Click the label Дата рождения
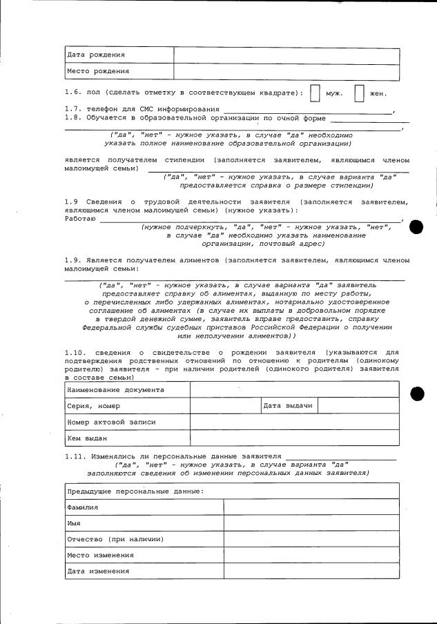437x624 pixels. pos(96,55)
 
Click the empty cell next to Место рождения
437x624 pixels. pos(286,71)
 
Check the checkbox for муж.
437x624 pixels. pos(315,93)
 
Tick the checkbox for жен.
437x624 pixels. pos(359,93)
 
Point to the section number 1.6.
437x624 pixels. pos(73,93)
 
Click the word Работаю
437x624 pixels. pos(80,218)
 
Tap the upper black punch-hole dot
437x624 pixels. pos(416,227)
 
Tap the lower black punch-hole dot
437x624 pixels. pos(416,393)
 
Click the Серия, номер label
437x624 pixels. pos(94,406)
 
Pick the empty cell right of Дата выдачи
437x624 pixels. pos(358,406)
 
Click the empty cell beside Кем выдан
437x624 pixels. pos(294,438)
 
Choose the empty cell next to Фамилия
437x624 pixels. pos(311,507)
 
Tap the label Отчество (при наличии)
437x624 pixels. pos(115,539)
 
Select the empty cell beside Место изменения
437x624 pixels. pos(311,555)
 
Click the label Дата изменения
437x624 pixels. pos(98,572)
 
